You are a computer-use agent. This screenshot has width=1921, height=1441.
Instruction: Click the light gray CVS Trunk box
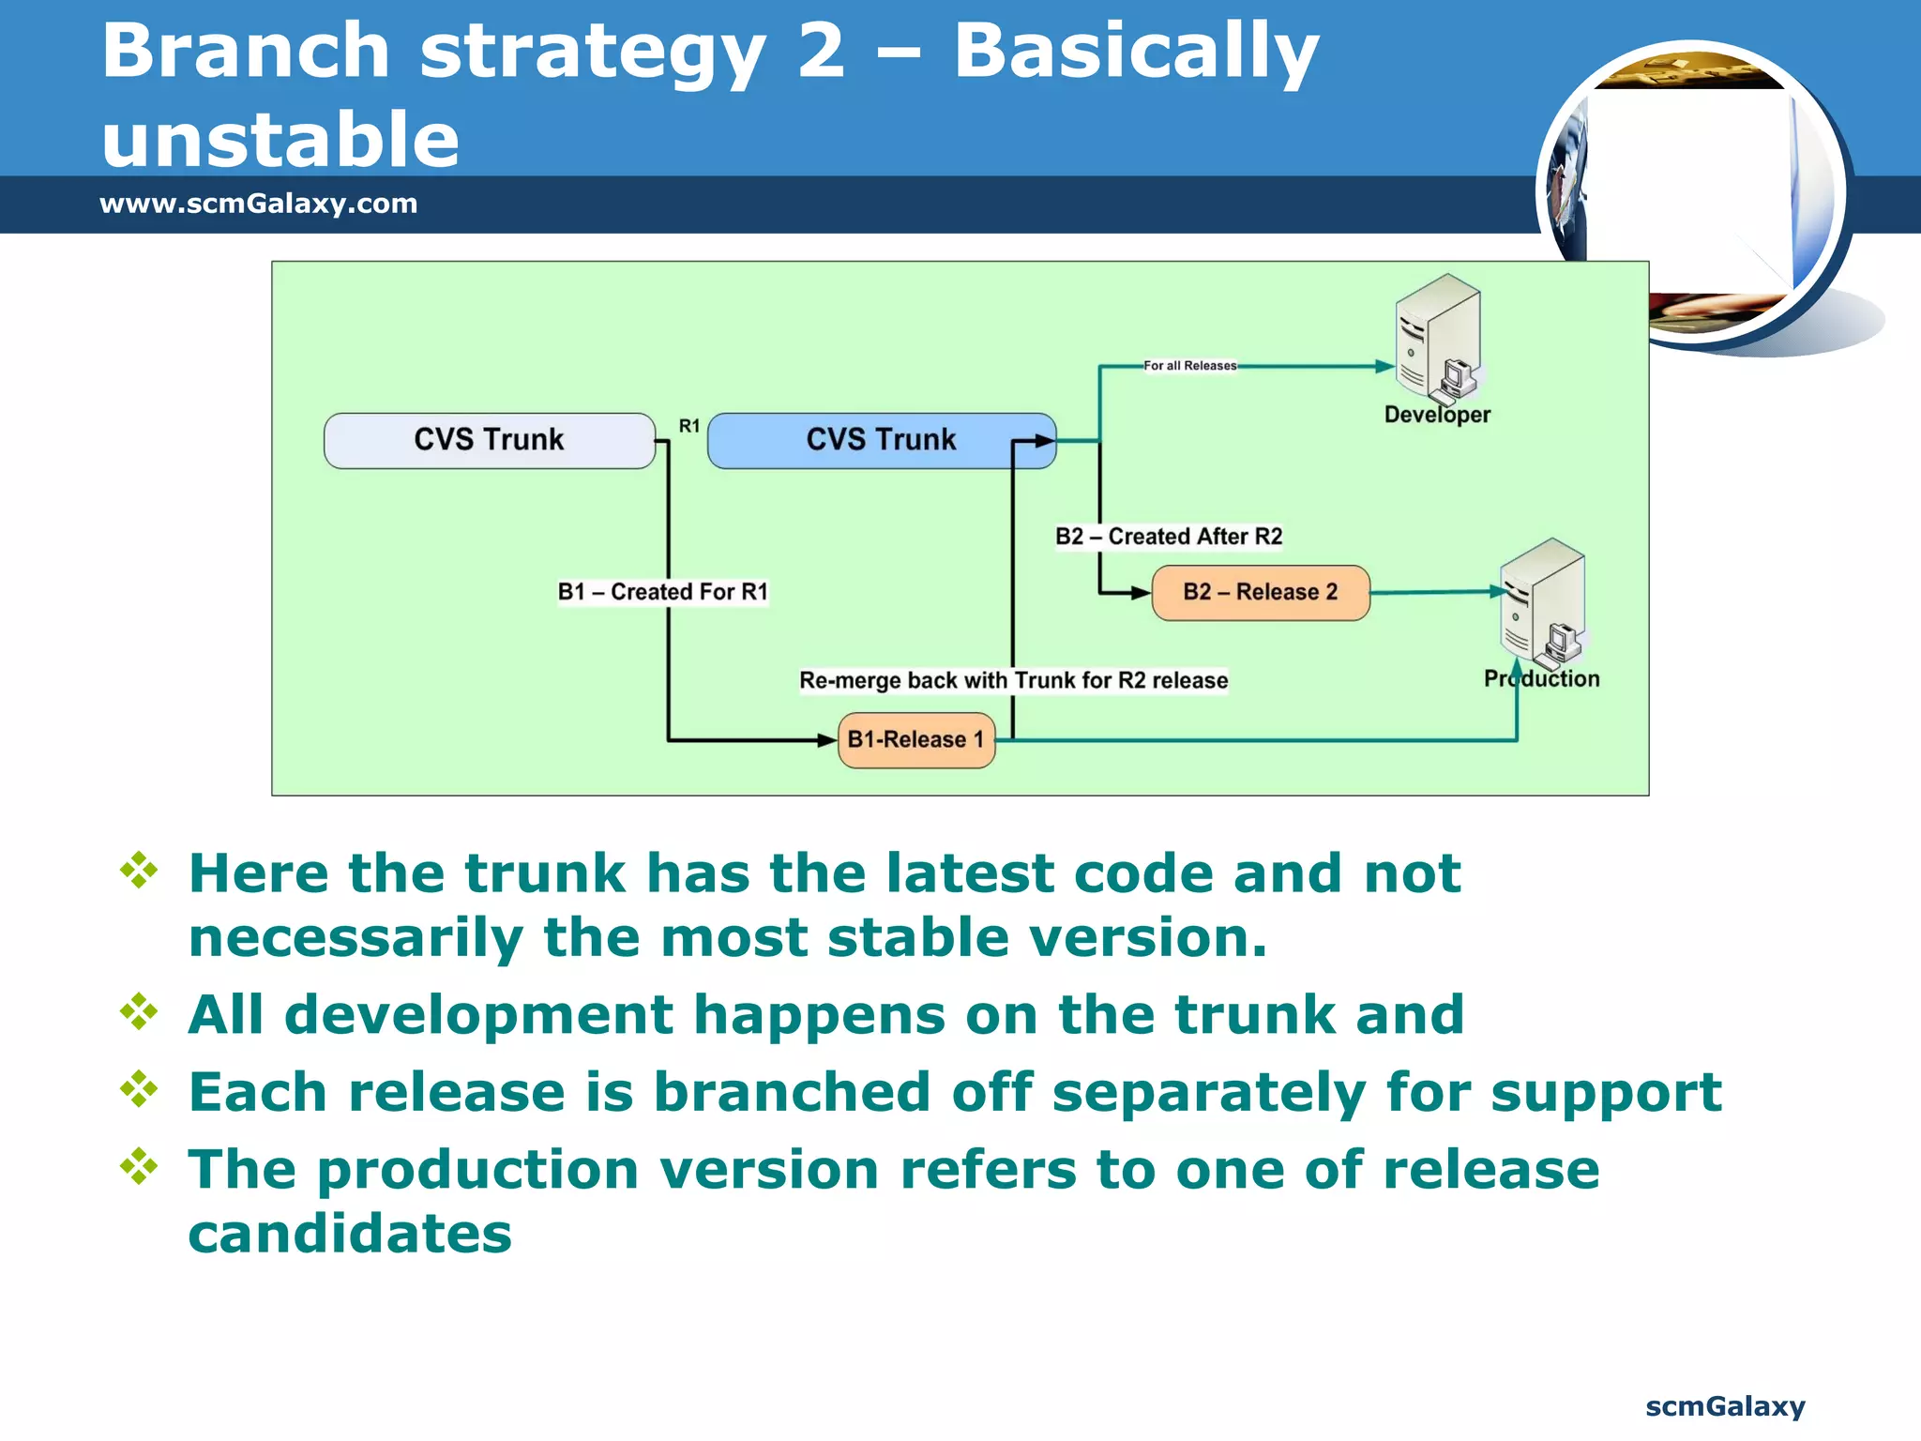[489, 440]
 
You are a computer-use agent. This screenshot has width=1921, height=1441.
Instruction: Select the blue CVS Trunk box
[881, 440]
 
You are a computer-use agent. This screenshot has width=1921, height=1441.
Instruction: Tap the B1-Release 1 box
[915, 739]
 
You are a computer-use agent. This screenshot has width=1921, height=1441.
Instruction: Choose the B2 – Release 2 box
[1260, 592]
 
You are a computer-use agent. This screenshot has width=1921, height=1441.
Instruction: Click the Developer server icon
[1437, 338]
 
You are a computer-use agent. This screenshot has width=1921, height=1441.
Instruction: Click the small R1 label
[689, 426]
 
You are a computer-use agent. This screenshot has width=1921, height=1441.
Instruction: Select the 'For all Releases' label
[1189, 366]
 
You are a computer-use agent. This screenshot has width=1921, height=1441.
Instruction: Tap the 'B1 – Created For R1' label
[662, 592]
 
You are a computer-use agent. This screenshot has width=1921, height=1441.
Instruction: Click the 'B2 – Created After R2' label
[1168, 537]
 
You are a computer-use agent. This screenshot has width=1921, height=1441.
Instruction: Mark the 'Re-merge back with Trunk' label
[1013, 680]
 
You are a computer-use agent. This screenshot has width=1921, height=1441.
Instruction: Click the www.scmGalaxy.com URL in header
[258, 204]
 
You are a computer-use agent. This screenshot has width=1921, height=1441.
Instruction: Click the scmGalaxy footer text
[1724, 1406]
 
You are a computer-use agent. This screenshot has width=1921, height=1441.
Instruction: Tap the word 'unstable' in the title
[280, 139]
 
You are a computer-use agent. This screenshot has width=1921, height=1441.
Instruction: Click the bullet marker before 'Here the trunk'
[139, 871]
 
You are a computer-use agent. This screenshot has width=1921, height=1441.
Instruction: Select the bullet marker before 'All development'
[139, 1011]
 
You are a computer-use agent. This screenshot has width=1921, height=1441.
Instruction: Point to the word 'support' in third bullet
[1606, 1092]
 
